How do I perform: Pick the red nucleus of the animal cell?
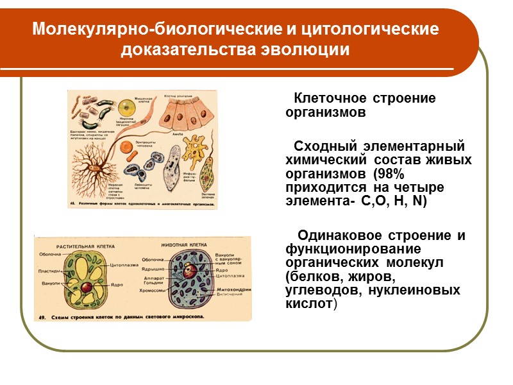click(x=188, y=270)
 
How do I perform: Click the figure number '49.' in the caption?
click(x=42, y=317)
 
